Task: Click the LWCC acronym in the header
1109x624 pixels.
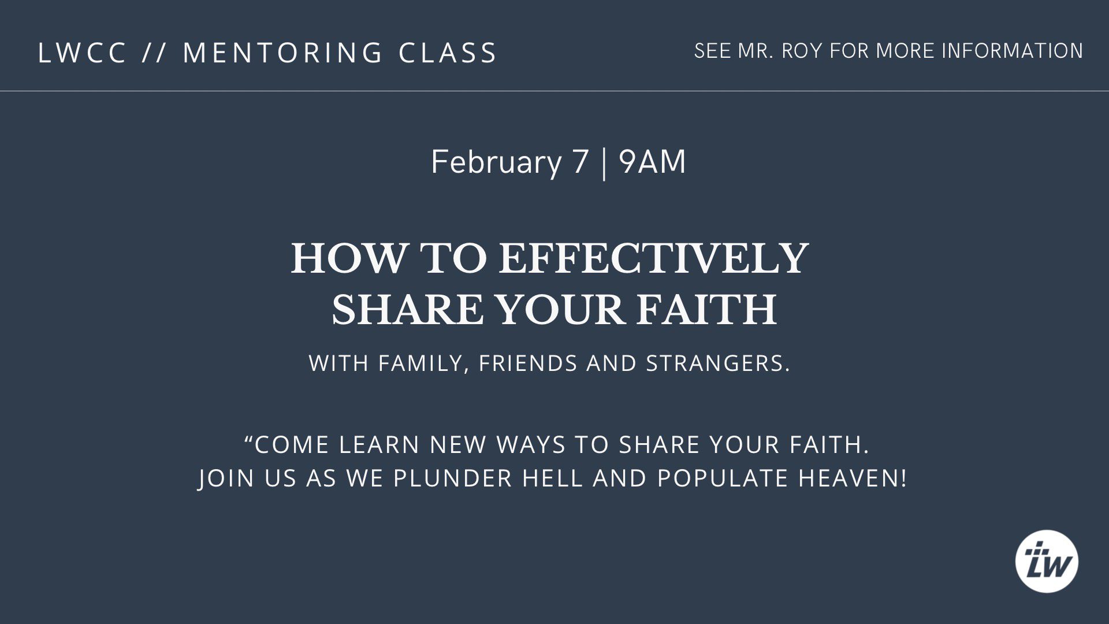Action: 82,53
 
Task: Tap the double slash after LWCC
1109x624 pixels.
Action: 154,53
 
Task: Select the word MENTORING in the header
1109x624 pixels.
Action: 282,53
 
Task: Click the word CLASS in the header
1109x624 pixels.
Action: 447,53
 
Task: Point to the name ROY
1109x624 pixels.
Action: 802,51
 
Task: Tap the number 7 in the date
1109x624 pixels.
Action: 580,162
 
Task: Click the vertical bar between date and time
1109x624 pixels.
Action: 604,163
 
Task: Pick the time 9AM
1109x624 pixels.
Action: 652,162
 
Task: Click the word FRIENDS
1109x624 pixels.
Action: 528,363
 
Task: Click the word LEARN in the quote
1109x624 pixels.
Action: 379,445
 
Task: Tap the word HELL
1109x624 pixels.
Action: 552,478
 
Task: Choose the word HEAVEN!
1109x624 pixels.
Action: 853,478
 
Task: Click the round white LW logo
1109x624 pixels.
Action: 1047,562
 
